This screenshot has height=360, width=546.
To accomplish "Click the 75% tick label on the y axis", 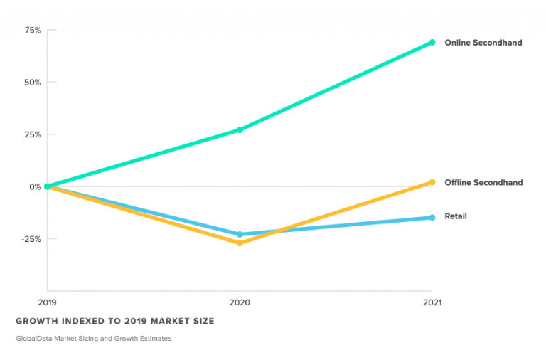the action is [33, 31].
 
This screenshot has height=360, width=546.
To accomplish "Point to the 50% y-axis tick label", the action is [33, 83].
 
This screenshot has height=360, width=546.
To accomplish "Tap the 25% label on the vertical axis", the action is [33, 135].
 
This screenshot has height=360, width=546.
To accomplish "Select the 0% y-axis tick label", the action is [35, 187].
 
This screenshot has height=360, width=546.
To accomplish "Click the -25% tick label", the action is [31, 240].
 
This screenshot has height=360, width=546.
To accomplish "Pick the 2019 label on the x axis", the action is [48, 302].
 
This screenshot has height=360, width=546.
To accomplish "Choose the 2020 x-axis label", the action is [240, 302].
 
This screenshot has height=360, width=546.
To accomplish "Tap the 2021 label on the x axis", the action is [432, 302].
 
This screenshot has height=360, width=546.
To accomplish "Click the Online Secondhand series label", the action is [483, 43].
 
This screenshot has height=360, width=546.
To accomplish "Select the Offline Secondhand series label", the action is [483, 182].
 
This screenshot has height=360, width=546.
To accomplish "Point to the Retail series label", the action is [456, 216].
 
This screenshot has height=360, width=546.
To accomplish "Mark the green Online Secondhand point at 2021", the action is [432, 43].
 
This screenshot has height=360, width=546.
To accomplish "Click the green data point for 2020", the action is [240, 130].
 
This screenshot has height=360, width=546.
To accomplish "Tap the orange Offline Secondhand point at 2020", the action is [240, 243].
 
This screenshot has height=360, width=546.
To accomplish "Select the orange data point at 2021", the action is [432, 182].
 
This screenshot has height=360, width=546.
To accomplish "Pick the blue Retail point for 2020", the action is [240, 235].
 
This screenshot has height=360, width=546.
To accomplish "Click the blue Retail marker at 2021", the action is [432, 218].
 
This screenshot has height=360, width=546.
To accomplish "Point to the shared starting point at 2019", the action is [48, 187].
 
